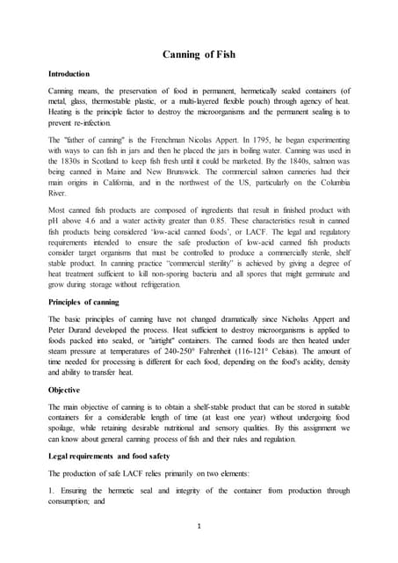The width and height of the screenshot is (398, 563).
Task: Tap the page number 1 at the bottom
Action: [199, 529]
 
